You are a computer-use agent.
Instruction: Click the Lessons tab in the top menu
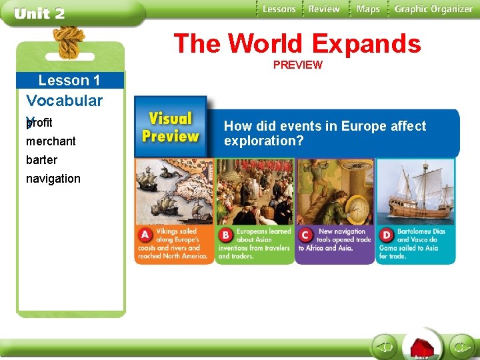click(x=279, y=9)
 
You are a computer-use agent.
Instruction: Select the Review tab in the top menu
click(x=324, y=9)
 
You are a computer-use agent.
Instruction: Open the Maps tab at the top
click(x=367, y=9)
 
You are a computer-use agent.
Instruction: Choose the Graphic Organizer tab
click(x=433, y=9)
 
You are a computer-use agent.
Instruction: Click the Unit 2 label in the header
click(x=40, y=14)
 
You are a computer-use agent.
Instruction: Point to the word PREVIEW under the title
click(x=297, y=65)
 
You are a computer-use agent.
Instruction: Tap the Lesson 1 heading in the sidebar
click(x=69, y=81)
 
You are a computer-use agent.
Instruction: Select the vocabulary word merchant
click(x=51, y=141)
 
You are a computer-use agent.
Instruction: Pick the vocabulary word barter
click(x=41, y=160)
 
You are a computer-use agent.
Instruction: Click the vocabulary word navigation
click(x=53, y=179)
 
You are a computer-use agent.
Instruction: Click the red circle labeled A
click(x=145, y=235)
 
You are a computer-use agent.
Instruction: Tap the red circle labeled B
click(x=225, y=235)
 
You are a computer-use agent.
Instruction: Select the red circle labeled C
click(x=305, y=235)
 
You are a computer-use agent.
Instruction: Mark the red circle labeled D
click(x=386, y=235)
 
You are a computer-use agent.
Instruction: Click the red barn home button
click(x=421, y=347)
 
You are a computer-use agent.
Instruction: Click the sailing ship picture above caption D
click(x=415, y=191)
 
